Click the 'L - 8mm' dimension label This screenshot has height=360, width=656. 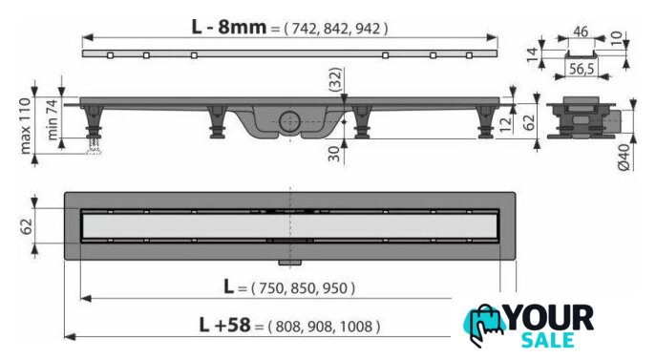pyautogui.click(x=229, y=27)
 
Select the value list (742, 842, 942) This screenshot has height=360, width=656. pyautogui.click(x=336, y=29)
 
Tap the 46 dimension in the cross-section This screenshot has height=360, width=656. pyautogui.click(x=581, y=32)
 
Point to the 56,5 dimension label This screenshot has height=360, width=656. pyautogui.click(x=582, y=69)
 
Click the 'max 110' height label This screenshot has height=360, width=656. pyautogui.click(x=26, y=126)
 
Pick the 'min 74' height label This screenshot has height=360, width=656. pyautogui.click(x=52, y=119)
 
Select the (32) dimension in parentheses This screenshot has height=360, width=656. pyautogui.click(x=335, y=79)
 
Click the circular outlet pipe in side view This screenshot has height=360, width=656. pyautogui.click(x=290, y=122)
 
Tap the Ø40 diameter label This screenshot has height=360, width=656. pyautogui.click(x=624, y=157)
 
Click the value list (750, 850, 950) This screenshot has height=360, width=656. pyautogui.click(x=303, y=288)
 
